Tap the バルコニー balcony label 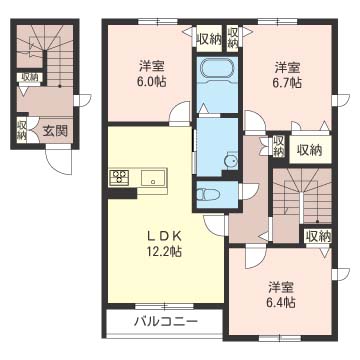tap(166, 322)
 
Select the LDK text tap(164, 236)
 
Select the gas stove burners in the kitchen tap(120, 179)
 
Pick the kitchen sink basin tap(155, 179)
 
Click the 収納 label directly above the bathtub tap(209, 39)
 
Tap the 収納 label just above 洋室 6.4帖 tap(317, 237)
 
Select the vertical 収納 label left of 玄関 tap(21, 130)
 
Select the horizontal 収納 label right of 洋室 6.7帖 tap(308, 150)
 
